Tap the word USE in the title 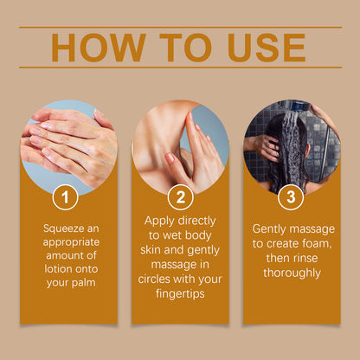(267, 48)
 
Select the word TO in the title (185, 48)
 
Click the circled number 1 (65, 197)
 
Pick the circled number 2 (180, 197)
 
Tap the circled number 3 (291, 197)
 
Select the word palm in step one (83, 283)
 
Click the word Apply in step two (159, 222)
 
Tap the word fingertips (180, 294)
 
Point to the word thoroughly (292, 273)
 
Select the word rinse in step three (305, 258)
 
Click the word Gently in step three (269, 229)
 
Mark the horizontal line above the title (180, 28)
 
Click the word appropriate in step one (71, 242)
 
